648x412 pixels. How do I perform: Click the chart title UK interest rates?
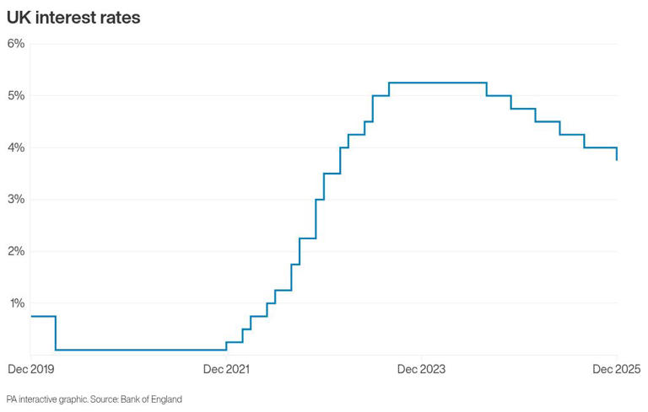[73, 17]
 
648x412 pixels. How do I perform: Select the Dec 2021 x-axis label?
[226, 369]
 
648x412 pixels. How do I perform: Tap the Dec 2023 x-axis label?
[421, 369]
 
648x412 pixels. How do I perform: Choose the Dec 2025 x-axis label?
[617, 369]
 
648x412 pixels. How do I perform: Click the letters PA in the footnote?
[11, 399]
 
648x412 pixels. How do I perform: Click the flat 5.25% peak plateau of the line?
[437, 83]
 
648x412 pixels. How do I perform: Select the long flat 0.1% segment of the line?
[140, 350]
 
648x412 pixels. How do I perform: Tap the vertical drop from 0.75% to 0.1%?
[56, 333]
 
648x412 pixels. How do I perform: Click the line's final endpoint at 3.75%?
[617, 160]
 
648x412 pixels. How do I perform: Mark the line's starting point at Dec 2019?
[30, 316]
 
